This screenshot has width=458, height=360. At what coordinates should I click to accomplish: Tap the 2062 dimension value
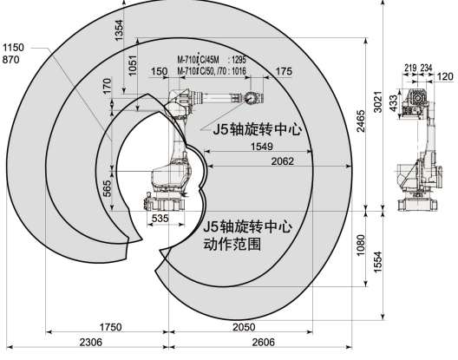tap(282, 161)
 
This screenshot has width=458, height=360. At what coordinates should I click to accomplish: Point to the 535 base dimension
tap(160, 219)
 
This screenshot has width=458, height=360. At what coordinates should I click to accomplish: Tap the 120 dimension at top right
tap(446, 76)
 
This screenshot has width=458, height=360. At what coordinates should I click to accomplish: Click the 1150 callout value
tap(14, 45)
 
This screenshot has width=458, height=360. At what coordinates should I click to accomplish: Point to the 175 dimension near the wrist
tap(283, 71)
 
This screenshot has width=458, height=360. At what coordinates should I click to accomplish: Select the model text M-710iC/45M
tap(203, 58)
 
